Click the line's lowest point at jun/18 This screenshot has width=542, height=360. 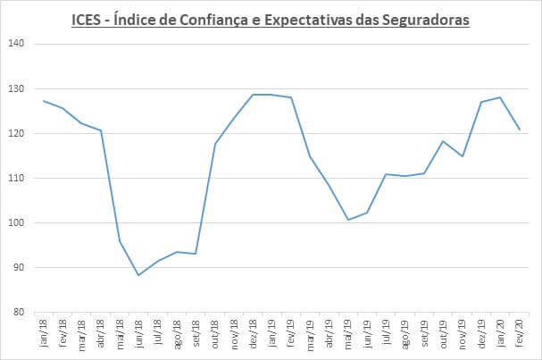[138, 275]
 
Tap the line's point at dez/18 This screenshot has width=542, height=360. [253, 95]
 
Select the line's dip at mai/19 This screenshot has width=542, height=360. [347, 220]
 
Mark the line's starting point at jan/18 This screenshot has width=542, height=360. [44, 101]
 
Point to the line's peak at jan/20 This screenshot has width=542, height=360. [499, 97]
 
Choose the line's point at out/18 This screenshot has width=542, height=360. [215, 144]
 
